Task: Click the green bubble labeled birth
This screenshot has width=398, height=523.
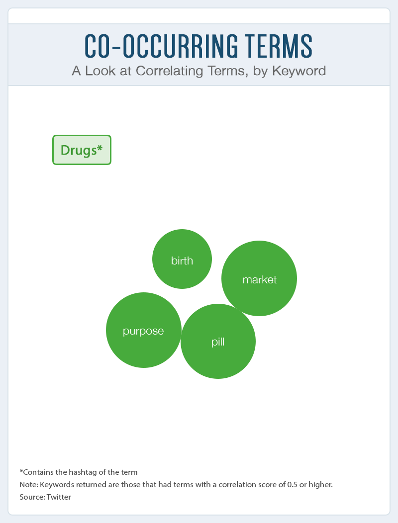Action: (182, 259)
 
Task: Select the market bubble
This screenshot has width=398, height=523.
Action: (259, 278)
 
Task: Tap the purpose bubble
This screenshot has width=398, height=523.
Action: (144, 330)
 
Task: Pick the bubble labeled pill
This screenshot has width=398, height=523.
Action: (218, 341)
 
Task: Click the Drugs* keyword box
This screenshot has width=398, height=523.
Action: (82, 150)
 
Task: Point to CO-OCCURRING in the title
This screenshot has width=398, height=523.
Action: (162, 46)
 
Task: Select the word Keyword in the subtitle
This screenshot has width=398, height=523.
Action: (299, 71)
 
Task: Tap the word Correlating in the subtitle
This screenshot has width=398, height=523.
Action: (169, 71)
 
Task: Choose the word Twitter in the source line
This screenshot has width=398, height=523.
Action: (59, 497)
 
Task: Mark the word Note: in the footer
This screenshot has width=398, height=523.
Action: (29, 484)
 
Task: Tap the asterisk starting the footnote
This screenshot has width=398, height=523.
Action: (21, 471)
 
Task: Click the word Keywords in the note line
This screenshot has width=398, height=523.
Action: (57, 484)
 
